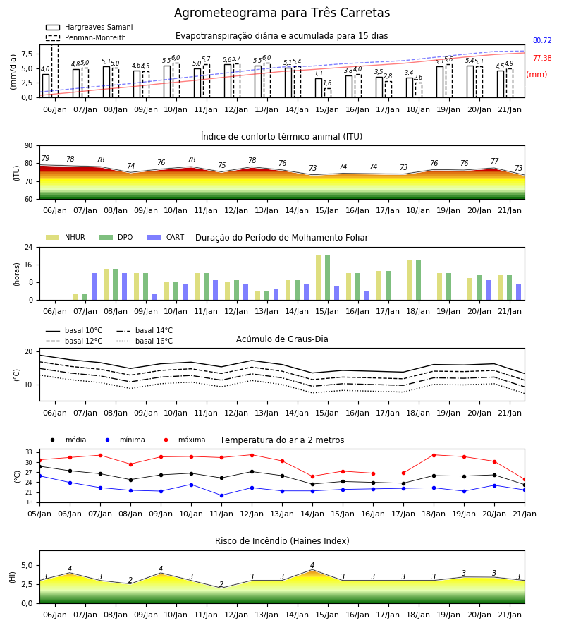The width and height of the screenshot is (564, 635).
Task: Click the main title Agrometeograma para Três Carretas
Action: (282, 13)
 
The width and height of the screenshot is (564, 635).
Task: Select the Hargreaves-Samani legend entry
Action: (89, 27)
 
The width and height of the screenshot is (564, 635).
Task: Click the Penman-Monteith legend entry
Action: (86, 37)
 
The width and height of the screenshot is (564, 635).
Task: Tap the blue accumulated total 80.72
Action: (542, 40)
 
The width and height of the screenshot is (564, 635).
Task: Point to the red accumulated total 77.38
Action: (542, 59)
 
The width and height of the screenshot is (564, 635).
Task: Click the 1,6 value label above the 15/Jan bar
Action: (327, 83)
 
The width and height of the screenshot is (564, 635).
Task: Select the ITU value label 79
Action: (45, 158)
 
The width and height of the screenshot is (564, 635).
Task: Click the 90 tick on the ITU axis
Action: (28, 146)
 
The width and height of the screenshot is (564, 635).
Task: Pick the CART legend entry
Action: (166, 237)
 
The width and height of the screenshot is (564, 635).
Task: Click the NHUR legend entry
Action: (66, 237)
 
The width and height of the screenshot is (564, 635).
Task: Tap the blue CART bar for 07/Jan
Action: (94, 286)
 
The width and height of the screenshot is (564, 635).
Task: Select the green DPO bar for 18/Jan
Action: (418, 280)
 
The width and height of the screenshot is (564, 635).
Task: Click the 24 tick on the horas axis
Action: (28, 248)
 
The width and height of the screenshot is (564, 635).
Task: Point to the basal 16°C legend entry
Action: (145, 341)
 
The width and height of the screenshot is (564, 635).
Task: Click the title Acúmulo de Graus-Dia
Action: (282, 339)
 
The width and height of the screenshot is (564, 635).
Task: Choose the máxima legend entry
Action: (182, 440)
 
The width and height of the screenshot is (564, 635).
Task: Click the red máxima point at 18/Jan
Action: (434, 455)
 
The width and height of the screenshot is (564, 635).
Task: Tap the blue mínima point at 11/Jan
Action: (221, 496)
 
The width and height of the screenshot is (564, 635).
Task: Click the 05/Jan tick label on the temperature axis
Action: (39, 514)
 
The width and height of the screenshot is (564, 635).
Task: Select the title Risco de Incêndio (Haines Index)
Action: (282, 541)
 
